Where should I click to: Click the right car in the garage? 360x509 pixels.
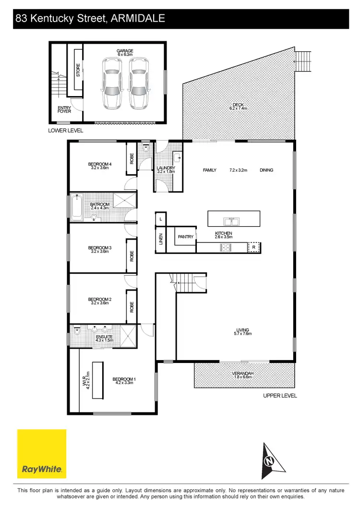(x=138, y=83)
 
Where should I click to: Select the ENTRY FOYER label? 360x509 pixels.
(x=64, y=109)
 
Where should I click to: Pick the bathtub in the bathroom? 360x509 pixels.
(x=77, y=208)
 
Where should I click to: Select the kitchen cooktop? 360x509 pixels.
(x=226, y=248)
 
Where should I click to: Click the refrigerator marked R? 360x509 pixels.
(x=254, y=248)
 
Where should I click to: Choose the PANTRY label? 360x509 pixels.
(x=185, y=237)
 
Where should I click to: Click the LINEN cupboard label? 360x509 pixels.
(x=161, y=239)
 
